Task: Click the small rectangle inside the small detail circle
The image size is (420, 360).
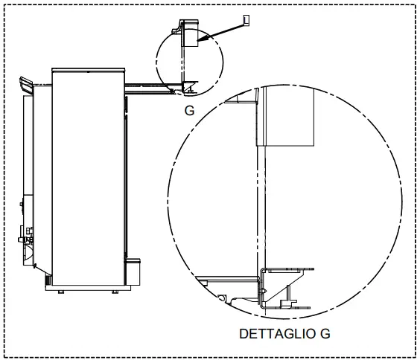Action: (x=189, y=34)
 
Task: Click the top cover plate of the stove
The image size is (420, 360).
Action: (x=87, y=70)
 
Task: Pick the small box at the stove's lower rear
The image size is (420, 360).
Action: (x=134, y=271)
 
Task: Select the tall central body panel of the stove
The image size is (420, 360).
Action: (x=87, y=179)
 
